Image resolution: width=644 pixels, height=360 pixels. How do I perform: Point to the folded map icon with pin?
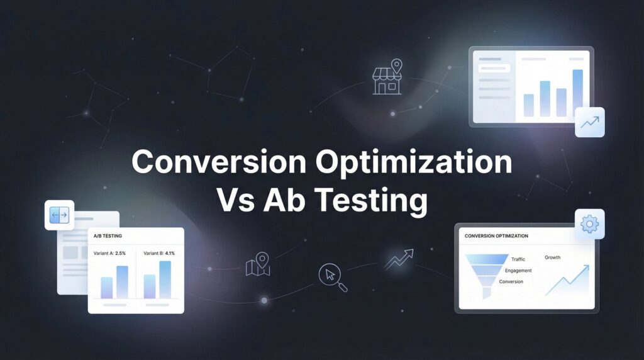pos(258,264)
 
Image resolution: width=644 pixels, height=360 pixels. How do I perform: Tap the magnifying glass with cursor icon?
pos(333,276)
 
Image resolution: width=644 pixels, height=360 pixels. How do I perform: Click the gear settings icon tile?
pos(589,224)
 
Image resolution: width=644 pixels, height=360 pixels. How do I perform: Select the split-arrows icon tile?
pos(59,215)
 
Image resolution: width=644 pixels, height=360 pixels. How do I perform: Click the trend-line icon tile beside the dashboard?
pos(589,122)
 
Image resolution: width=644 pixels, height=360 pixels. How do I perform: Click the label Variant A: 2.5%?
pos(110,253)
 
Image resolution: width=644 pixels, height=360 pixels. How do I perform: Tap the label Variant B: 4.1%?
pos(159,253)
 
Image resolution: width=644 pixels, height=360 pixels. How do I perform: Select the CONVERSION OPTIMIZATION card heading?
pos(496,236)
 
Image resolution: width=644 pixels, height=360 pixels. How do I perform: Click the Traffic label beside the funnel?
pos(518,259)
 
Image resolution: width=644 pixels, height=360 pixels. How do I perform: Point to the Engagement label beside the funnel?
pos(518,271)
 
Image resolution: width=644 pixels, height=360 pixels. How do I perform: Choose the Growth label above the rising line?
pos(552,257)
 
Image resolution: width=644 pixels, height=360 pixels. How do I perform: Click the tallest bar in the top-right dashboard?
pos(577,93)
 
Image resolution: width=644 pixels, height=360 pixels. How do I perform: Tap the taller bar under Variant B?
pos(165,279)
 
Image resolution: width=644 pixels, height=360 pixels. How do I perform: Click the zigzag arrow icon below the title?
pos(399,259)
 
